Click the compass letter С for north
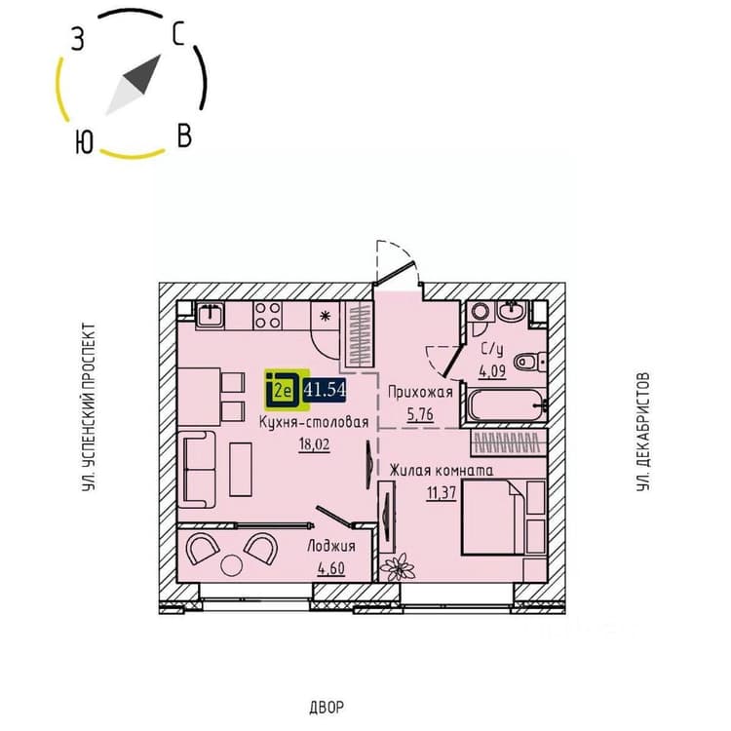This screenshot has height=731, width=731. coord(178,34)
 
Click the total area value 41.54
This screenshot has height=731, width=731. coord(325,389)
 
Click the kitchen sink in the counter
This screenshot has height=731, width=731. coord(210,315)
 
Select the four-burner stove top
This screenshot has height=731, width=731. coord(268,315)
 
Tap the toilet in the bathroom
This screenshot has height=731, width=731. coord(530,362)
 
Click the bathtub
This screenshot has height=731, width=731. coord(506,405)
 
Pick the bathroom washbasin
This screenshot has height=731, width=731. coord(512,311)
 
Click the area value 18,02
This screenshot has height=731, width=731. coord(314,443)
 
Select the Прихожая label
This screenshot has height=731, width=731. coord(420,393)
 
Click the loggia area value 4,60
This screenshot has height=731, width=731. coord(331,568)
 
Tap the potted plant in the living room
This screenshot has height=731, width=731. coord(398,567)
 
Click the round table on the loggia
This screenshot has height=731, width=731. coord(232,566)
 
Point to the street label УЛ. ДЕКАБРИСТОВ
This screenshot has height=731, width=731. coord(643,431)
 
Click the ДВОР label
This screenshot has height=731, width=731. coord(327,708)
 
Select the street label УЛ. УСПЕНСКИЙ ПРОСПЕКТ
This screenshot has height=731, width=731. coord(88,407)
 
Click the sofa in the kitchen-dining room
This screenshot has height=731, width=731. coord(197,470)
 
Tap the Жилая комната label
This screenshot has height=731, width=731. coord(441,470)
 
